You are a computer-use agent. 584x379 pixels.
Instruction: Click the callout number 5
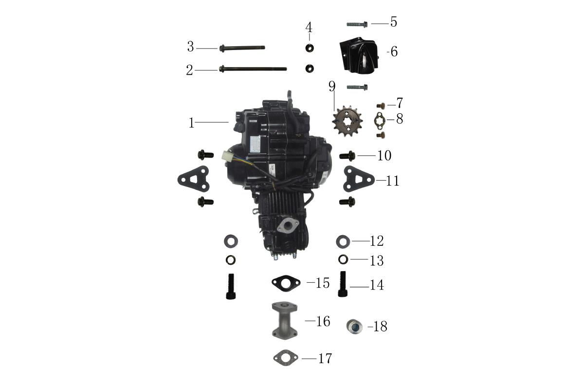click(x=393, y=22)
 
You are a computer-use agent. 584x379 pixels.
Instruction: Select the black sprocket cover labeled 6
click(x=359, y=55)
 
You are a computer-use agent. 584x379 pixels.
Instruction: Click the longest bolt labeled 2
click(x=253, y=69)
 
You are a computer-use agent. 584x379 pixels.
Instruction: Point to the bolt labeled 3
click(x=242, y=48)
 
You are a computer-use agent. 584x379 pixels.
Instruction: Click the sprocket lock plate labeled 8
click(x=379, y=120)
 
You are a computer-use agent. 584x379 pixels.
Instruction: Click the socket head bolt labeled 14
click(x=342, y=284)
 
